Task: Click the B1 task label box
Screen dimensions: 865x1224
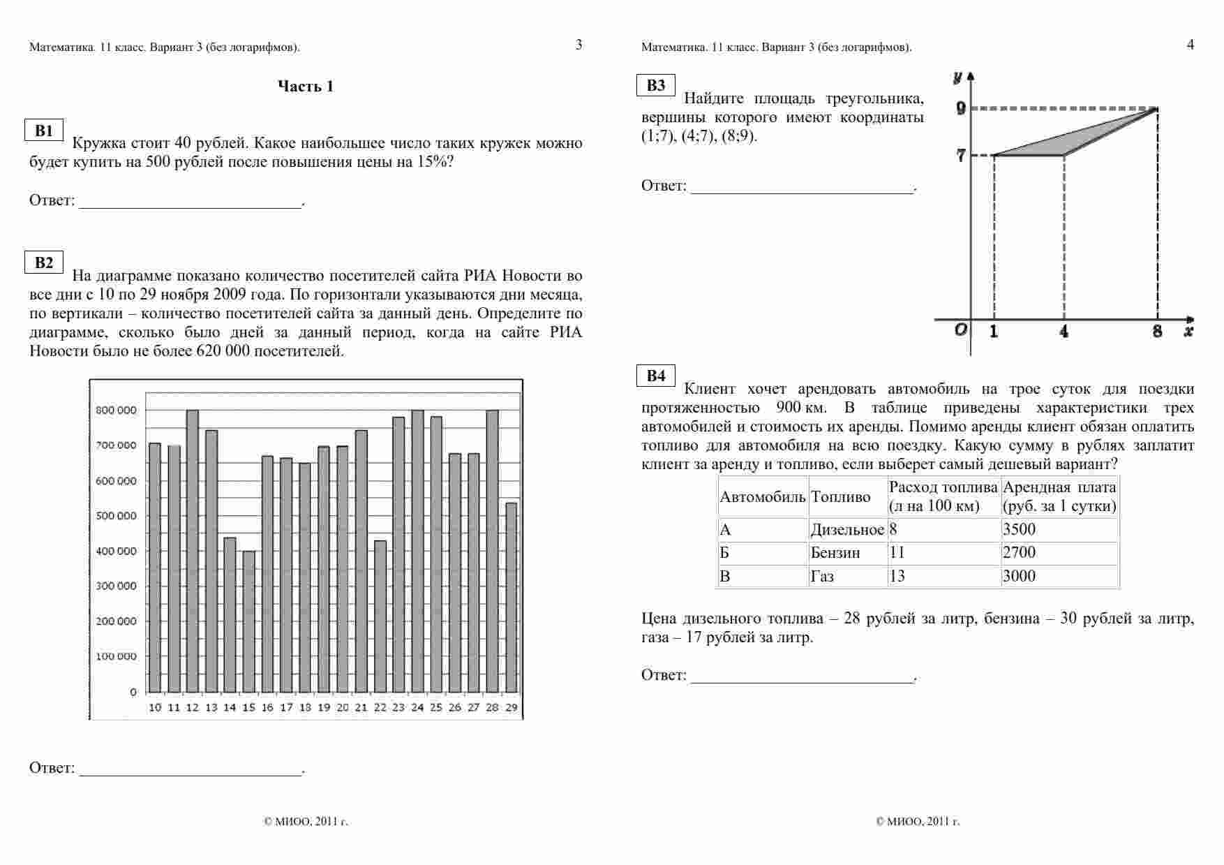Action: pos(44,131)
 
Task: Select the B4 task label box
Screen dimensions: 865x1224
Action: pos(656,376)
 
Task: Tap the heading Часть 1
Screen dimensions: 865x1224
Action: pos(306,87)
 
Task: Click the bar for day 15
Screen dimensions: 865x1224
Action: pos(249,621)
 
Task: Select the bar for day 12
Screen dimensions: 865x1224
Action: pos(193,551)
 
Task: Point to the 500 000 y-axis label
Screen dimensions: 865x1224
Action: pos(117,516)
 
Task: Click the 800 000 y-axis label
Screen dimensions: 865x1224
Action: pos(117,411)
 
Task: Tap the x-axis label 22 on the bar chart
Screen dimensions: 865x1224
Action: pos(380,707)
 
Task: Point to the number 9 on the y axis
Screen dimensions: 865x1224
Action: pos(961,108)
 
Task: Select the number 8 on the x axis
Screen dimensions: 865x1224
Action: pos(1157,332)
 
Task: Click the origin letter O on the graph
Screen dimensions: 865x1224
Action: pos(961,330)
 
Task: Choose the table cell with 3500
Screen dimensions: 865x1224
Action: pos(1019,529)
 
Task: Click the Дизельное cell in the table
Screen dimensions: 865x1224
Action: pos(846,530)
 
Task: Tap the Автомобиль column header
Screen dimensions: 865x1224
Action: pos(763,497)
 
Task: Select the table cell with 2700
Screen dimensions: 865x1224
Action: pos(1019,553)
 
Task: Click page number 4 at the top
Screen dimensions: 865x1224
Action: pos(1190,45)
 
